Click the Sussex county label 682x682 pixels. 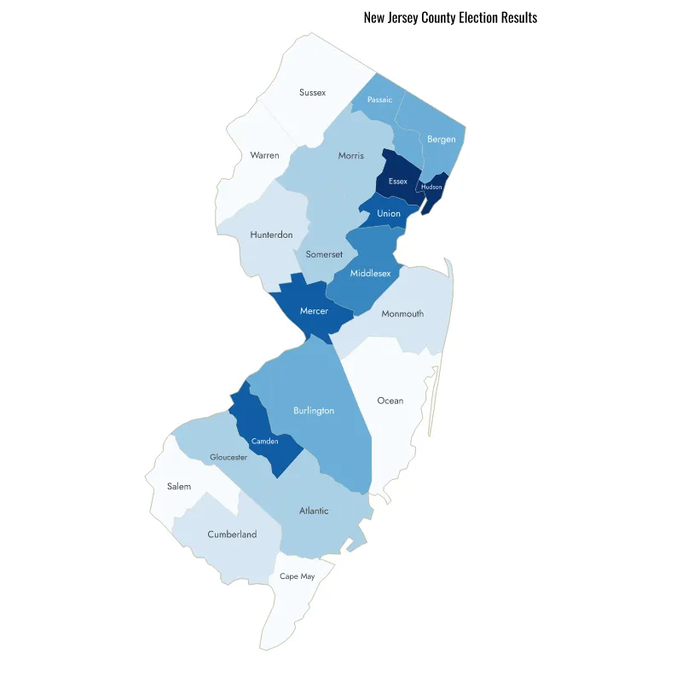(x=312, y=92)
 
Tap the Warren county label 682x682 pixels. (x=264, y=155)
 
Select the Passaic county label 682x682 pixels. (x=379, y=100)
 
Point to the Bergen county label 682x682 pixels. (x=442, y=139)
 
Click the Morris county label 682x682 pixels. (x=350, y=155)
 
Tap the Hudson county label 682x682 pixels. (x=432, y=187)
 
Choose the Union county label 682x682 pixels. (x=389, y=213)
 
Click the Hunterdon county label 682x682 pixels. (x=271, y=234)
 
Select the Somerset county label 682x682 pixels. (x=323, y=254)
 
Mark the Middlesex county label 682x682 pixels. (x=371, y=273)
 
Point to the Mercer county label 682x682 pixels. (x=314, y=311)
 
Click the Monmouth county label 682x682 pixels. (x=402, y=314)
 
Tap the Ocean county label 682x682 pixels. (x=390, y=400)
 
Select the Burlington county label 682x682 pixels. (x=314, y=410)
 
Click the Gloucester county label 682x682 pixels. (x=228, y=457)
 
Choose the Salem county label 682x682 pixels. (x=179, y=486)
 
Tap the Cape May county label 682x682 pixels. (x=297, y=576)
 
